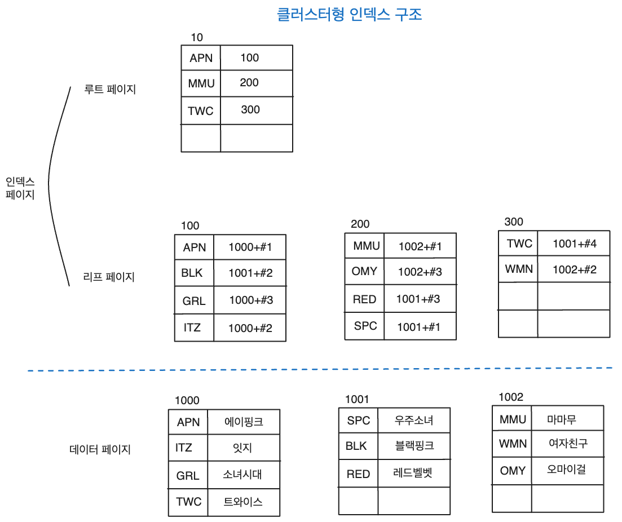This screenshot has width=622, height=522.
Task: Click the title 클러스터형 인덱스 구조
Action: tap(349, 15)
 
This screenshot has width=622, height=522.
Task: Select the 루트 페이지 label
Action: tap(110, 89)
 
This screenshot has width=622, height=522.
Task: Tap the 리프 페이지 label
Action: tap(109, 277)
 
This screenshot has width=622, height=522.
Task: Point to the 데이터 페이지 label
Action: tap(100, 449)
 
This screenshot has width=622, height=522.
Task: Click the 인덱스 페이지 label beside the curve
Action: tap(20, 188)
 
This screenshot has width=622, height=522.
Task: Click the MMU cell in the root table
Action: tap(201, 83)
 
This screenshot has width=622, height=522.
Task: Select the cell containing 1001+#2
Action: tap(250, 273)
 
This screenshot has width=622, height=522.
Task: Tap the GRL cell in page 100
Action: tap(194, 300)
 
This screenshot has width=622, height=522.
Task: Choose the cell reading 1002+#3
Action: tap(420, 272)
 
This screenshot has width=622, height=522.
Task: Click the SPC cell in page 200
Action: tap(365, 326)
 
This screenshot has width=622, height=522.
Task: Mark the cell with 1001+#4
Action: tap(574, 244)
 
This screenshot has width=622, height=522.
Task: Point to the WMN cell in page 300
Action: tap(519, 269)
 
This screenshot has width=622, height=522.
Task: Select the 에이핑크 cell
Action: tap(244, 422)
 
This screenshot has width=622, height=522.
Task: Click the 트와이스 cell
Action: tap(243, 502)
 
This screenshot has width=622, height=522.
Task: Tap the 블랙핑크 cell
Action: tap(414, 446)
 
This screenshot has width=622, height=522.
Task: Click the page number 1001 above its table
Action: tap(357, 400)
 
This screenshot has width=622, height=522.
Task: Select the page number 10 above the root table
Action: tap(197, 38)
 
